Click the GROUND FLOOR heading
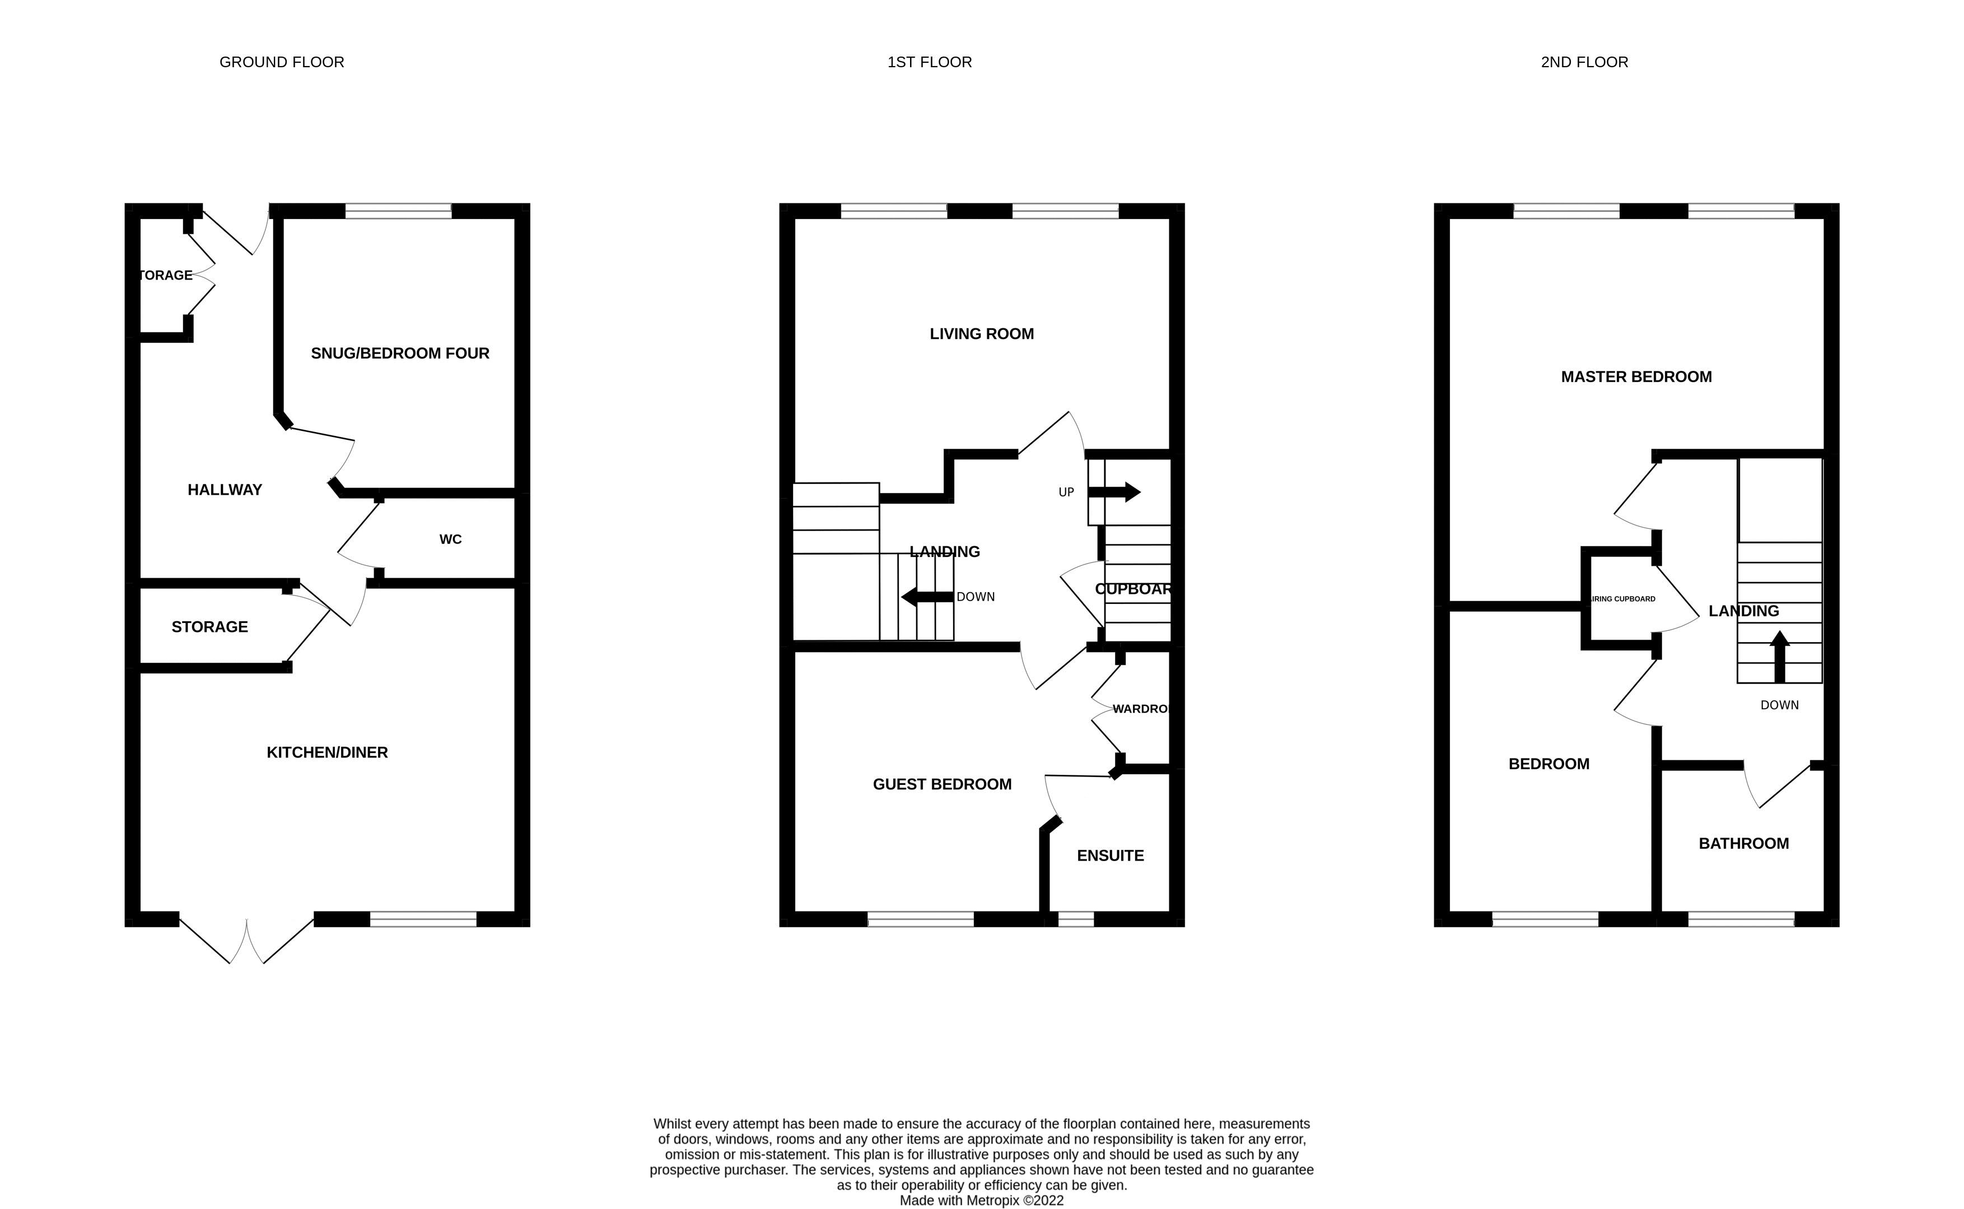click(x=281, y=62)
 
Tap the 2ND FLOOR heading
click(x=1584, y=62)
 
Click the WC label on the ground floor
click(x=450, y=540)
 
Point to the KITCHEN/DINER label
click(x=327, y=752)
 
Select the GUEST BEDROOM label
click(x=941, y=784)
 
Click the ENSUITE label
click(x=1109, y=855)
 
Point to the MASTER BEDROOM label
click(x=1635, y=376)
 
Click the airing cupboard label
click(x=1623, y=599)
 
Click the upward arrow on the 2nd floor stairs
click(x=1779, y=655)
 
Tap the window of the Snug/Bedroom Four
click(x=398, y=211)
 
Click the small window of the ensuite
click(x=1075, y=919)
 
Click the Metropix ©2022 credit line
click(x=981, y=1200)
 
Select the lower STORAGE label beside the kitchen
click(x=209, y=627)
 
